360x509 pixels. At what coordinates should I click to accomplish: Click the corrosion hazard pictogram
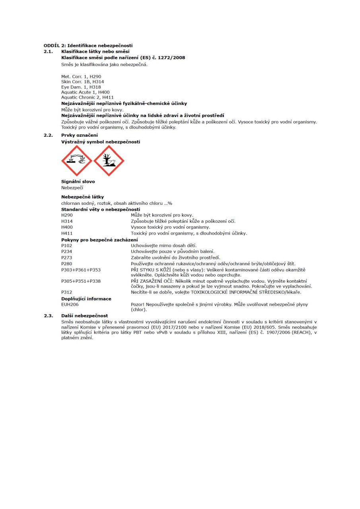pyautogui.click(x=76, y=161)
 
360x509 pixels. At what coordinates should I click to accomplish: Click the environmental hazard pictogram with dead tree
pyautogui.click(x=109, y=161)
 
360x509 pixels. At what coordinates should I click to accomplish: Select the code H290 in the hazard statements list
pyautogui.click(x=67, y=215)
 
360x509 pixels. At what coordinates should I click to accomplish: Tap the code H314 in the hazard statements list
pyautogui.click(x=67, y=221)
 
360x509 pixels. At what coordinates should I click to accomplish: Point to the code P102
pyautogui.click(x=67, y=245)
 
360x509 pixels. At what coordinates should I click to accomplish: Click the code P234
pyautogui.click(x=67, y=251)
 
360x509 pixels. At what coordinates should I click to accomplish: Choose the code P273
pyautogui.click(x=67, y=257)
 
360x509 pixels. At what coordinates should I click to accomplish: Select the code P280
pyautogui.click(x=67, y=263)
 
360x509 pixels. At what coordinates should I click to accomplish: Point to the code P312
pyautogui.click(x=67, y=292)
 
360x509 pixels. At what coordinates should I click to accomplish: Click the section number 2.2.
pyautogui.click(x=49, y=135)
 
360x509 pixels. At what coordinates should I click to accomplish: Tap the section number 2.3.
pyautogui.click(x=49, y=315)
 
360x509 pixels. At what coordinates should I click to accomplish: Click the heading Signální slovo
pyautogui.click(x=78, y=182)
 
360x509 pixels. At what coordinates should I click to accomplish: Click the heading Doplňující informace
pyautogui.click(x=86, y=299)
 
